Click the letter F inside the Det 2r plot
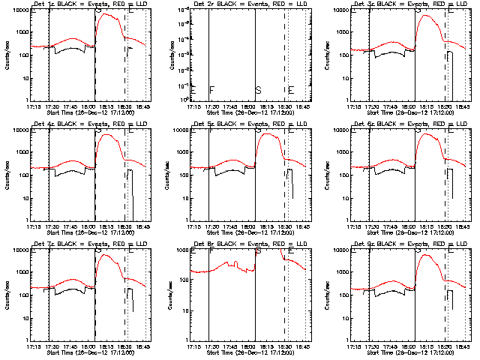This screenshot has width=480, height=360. coord(211,90)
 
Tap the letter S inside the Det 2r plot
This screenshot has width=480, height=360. coord(258,90)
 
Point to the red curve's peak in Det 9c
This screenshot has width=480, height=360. coord(428,255)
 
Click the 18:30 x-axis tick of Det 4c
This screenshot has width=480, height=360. coord(125,226)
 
